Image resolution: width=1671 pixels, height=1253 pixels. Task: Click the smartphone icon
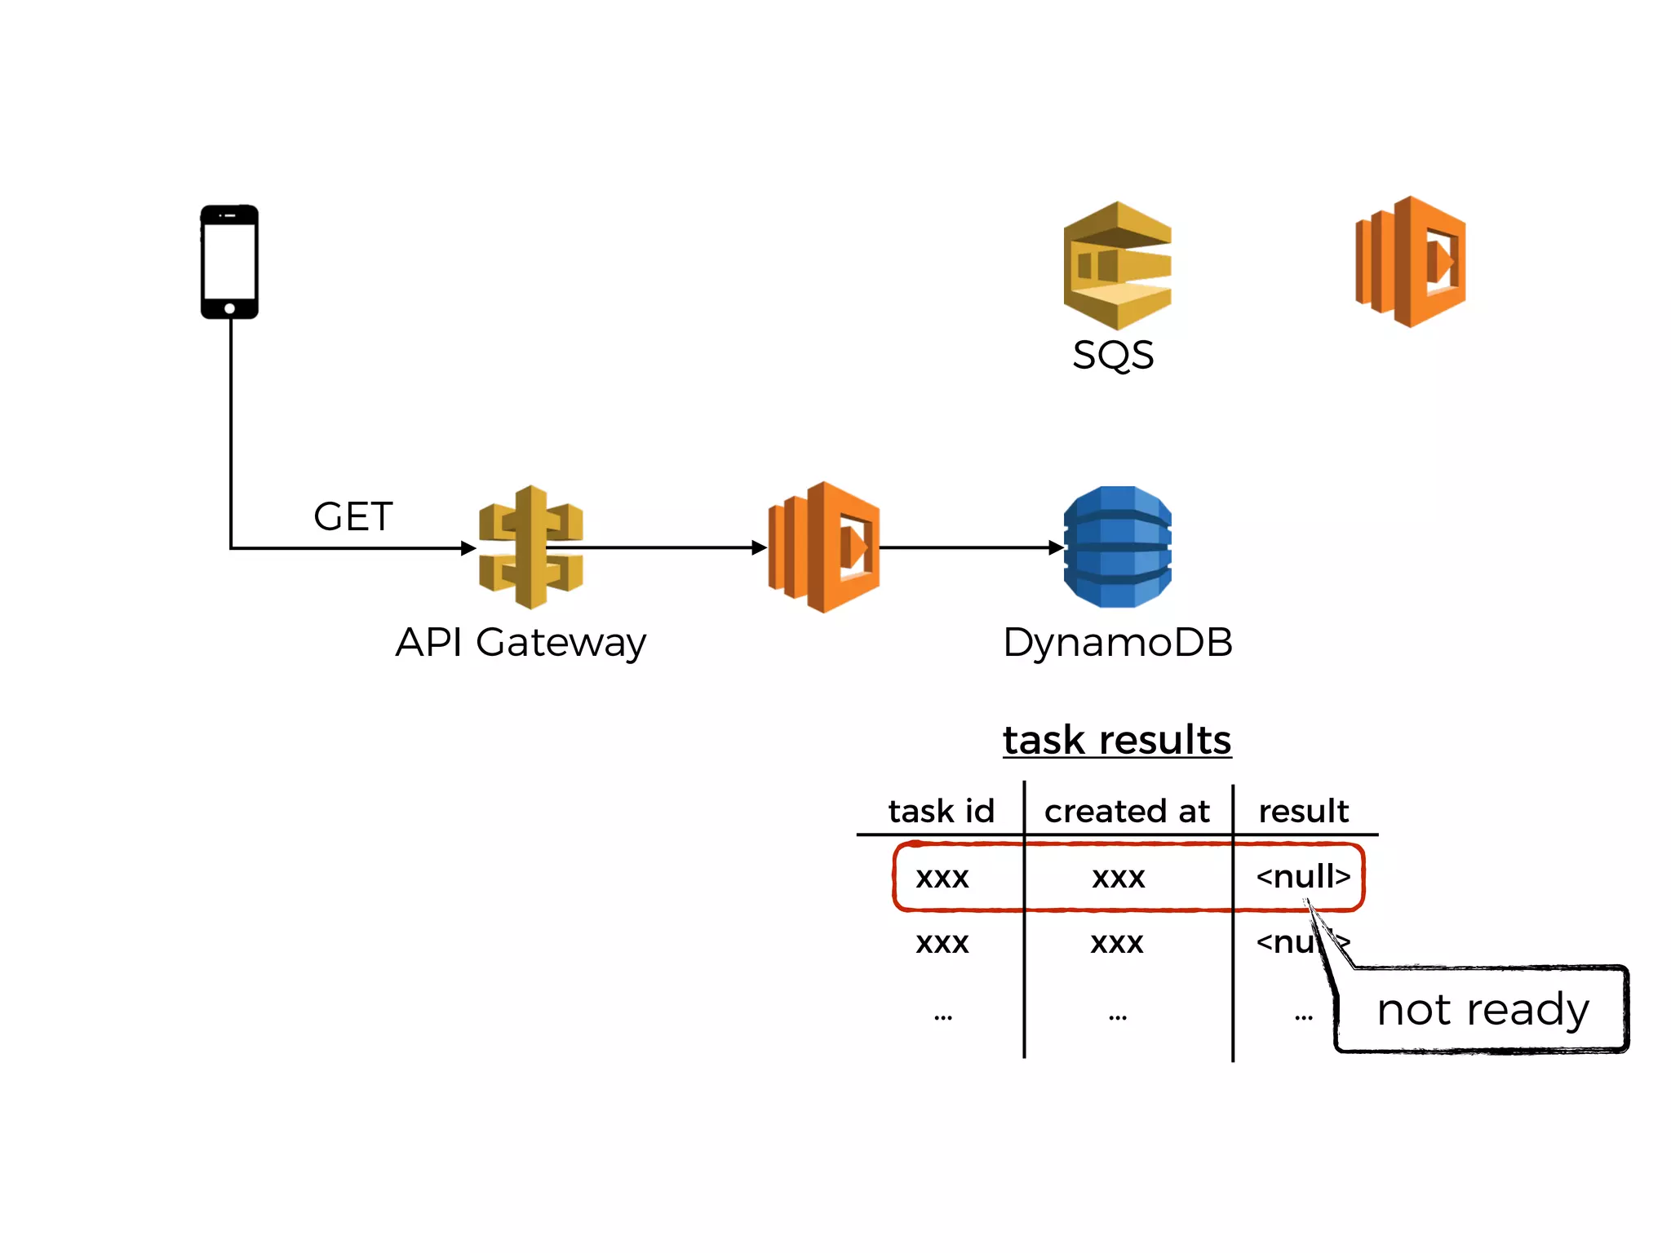[229, 261]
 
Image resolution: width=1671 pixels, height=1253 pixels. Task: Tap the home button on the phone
[230, 308]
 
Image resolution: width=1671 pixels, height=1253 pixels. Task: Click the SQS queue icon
[1117, 265]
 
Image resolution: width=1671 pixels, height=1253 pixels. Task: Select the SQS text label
[1113, 355]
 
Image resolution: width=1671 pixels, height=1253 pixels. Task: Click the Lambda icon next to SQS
[1411, 262]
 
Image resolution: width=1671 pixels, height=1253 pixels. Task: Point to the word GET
[353, 516]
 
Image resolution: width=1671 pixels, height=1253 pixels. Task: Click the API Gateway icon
[531, 547]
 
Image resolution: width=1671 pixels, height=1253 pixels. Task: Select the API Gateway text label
[521, 642]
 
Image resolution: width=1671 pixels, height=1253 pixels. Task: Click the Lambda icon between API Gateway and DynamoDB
[824, 547]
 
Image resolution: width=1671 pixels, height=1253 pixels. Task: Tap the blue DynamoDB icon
[1118, 547]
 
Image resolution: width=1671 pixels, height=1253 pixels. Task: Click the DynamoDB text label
[1117, 642]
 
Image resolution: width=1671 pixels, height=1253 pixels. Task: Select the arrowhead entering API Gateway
[468, 547]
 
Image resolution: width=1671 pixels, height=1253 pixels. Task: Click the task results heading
[1117, 740]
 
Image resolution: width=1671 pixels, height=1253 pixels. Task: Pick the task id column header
[942, 811]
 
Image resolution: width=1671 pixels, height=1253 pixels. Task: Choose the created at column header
[1127, 811]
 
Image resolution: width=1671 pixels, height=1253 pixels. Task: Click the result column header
[1303, 811]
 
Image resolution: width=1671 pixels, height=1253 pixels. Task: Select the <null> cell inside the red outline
[1303, 876]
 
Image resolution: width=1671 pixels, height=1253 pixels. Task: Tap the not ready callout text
[1483, 1010]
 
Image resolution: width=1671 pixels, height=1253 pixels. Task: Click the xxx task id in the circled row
[942, 878]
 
